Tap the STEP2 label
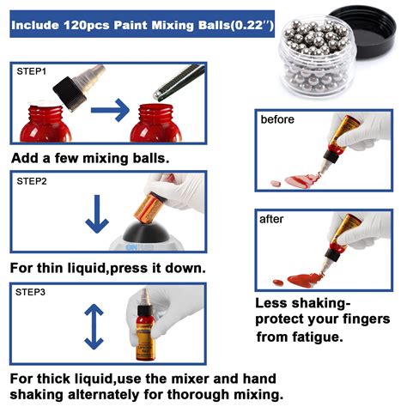(x=33, y=180)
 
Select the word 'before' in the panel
(x=277, y=119)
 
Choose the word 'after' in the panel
(x=271, y=219)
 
